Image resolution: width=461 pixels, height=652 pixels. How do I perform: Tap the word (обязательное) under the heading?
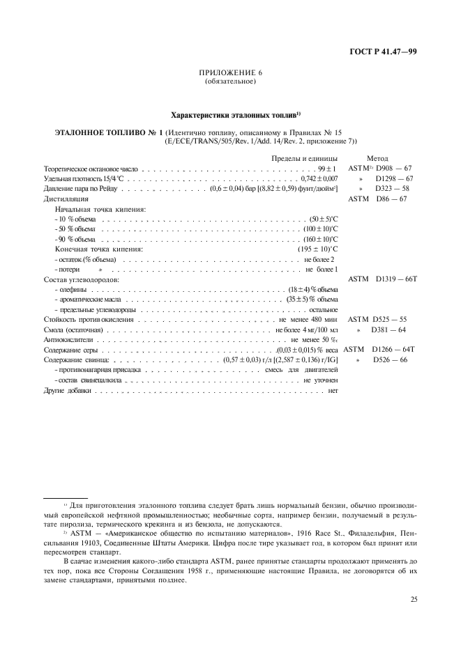(230, 81)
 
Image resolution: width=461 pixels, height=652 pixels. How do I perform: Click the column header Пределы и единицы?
(304, 158)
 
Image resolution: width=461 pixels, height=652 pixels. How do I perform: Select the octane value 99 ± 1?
(327, 169)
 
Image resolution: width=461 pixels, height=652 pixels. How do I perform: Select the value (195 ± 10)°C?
(317, 249)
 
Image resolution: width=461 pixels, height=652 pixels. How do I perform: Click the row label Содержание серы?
(73, 349)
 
